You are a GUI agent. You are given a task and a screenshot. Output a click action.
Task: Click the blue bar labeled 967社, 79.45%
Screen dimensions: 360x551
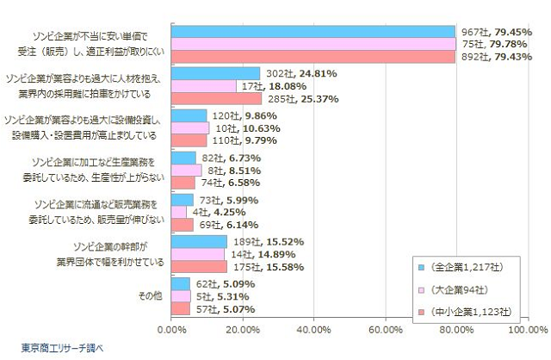[313, 32]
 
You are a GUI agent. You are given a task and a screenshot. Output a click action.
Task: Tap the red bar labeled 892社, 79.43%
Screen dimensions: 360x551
[313, 57]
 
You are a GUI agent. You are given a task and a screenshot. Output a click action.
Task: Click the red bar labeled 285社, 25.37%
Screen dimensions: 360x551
[216, 99]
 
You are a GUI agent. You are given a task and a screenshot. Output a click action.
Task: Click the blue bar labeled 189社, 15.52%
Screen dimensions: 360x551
[199, 242]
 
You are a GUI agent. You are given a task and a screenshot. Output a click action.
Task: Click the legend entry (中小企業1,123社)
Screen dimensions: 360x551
[471, 311]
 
